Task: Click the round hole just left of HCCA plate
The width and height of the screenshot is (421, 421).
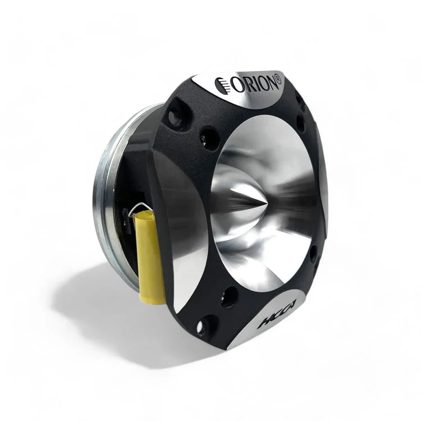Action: [x=228, y=297]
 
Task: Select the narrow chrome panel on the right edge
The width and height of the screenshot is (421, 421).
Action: [x=323, y=180]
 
